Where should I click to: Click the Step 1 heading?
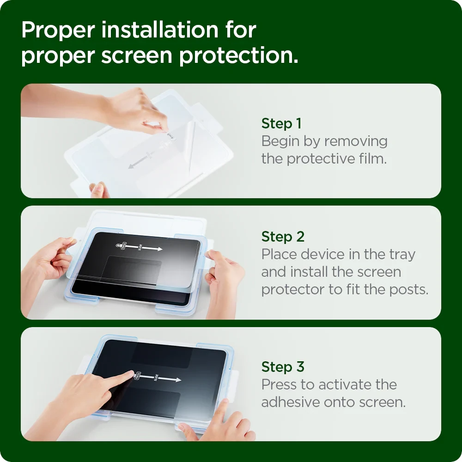pyautogui.click(x=281, y=124)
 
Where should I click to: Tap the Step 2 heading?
pyautogui.click(x=282, y=237)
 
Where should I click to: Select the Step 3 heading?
pyautogui.click(x=282, y=367)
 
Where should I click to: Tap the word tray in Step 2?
pyautogui.click(x=401, y=255)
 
